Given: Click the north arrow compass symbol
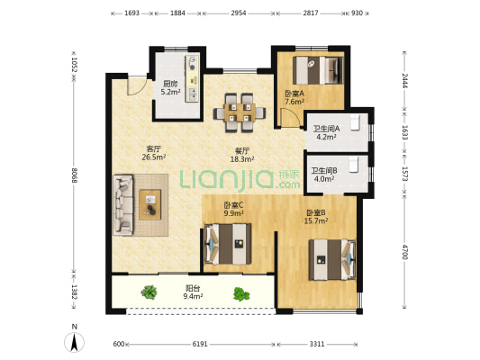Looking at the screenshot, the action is coord(74,342).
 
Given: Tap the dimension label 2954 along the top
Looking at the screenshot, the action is coord(239,13).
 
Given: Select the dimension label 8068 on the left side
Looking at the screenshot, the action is coord(74,175).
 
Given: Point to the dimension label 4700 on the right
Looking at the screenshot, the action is coord(404,252).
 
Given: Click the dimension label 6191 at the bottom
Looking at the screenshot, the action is coord(200,344).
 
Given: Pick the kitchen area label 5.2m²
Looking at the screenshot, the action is coord(170,92).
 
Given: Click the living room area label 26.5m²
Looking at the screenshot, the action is coord(154,157).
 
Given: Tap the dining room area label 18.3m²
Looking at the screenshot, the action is coord(242,159).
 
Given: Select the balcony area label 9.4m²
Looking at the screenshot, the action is coord(193,296).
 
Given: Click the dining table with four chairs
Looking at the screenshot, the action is coord(240,112).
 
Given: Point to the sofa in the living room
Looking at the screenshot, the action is coord(123,205).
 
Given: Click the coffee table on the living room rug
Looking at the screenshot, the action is coord(150,204).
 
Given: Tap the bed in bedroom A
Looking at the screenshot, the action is coord(318,70).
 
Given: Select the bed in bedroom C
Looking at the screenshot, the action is coord(228,244).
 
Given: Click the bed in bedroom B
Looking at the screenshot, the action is coord(332,260).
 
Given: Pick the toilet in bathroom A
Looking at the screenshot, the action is coord(355,122).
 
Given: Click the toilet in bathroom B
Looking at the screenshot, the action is coord(354,164).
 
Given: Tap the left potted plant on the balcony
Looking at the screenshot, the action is coord(149,292).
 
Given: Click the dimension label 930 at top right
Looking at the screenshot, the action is coord(357,13).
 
